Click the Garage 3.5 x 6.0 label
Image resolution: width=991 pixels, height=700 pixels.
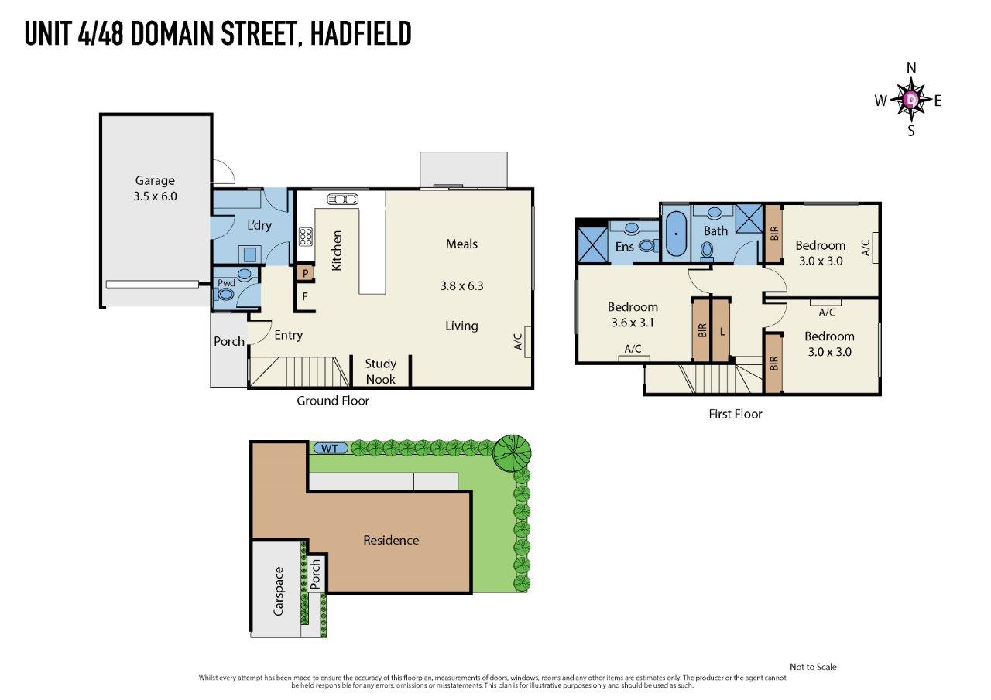click(x=155, y=188)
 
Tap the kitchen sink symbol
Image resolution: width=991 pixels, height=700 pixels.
click(x=342, y=200)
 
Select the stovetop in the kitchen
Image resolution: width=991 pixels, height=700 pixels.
click(x=305, y=237)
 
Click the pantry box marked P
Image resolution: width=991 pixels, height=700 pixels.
click(x=305, y=273)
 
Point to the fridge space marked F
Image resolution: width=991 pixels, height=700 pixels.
click(x=305, y=296)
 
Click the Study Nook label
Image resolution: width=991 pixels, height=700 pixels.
click(x=380, y=371)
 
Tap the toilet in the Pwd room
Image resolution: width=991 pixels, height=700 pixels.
click(x=226, y=294)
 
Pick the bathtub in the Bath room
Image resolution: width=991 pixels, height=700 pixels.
click(x=676, y=234)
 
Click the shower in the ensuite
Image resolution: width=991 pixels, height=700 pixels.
click(x=592, y=246)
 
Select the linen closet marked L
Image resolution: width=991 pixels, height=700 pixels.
click(x=721, y=330)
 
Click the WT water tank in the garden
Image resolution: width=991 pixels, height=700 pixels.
click(x=330, y=449)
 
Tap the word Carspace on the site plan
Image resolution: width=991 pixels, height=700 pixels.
click(x=278, y=592)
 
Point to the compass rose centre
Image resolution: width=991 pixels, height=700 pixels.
click(x=910, y=100)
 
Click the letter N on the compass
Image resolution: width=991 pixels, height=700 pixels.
click(x=911, y=68)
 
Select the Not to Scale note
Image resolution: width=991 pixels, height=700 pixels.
click(x=813, y=667)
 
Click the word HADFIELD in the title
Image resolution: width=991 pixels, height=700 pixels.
click(x=361, y=33)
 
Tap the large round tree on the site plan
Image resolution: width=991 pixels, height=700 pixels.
click(x=512, y=452)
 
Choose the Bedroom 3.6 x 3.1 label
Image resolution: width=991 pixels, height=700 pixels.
click(x=633, y=315)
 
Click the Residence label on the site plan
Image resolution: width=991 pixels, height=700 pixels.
click(x=391, y=540)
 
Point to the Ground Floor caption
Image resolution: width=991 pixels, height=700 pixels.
click(x=333, y=401)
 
